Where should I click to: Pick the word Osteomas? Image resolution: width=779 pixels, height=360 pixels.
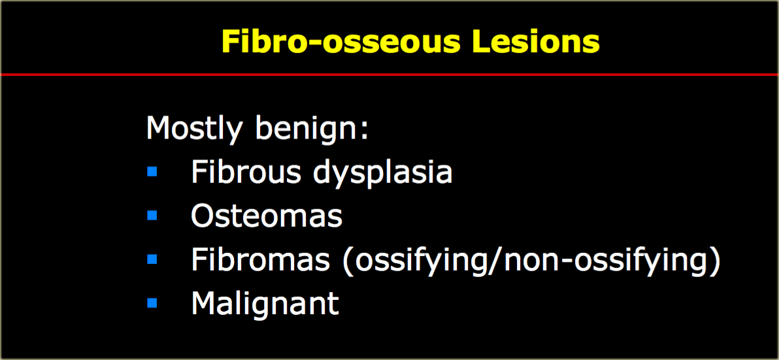267,216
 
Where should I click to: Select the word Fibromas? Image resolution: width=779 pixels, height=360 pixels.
260,259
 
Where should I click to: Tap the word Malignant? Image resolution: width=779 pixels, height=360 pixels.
265,303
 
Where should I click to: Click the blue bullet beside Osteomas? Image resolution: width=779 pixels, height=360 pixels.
152,216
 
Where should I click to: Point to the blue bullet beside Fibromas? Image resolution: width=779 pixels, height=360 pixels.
152,259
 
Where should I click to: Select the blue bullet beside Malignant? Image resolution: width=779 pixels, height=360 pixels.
152,303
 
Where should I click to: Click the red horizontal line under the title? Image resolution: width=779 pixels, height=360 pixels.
389,74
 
